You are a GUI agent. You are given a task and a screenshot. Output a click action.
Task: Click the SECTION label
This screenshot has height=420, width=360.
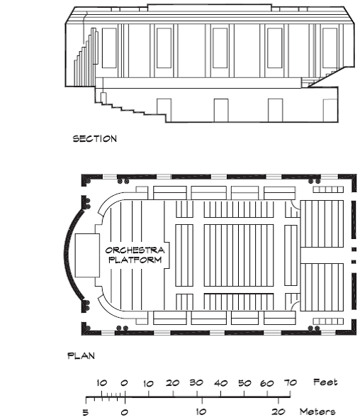coord(95,139)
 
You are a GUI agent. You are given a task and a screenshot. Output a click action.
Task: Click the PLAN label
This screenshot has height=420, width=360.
coord(81,355)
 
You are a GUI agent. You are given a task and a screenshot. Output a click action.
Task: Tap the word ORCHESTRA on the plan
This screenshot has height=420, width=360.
coord(135,250)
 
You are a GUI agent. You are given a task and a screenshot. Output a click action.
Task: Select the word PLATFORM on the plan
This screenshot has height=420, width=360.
coord(135,260)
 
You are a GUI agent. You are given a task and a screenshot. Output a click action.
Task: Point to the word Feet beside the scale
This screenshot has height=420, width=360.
coord(325,382)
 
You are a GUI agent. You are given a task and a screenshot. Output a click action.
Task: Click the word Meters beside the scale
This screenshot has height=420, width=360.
coord(317,411)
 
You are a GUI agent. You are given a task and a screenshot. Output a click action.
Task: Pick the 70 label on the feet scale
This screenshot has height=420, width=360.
coord(290,383)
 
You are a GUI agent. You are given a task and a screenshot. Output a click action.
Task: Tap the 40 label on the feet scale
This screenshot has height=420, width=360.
coord(221,383)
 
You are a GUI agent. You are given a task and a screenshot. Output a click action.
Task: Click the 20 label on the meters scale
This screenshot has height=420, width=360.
coord(279,411)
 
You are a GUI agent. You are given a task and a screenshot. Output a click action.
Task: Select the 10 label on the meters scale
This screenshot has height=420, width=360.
coord(201,411)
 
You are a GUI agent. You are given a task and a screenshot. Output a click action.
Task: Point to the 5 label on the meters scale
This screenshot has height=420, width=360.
coord(85,412)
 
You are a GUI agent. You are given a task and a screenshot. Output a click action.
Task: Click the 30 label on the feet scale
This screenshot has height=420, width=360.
coord(196,383)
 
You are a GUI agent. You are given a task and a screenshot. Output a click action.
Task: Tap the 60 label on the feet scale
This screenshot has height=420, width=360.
coord(267,384)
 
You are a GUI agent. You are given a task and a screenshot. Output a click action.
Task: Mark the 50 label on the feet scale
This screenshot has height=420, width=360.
coord(244,383)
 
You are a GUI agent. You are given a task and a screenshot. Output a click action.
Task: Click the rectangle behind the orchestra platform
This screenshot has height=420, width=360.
coord(87,255)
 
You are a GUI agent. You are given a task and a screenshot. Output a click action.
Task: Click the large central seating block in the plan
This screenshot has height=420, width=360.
coord(239,255)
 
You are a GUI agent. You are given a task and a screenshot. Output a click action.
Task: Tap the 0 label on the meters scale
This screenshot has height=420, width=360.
coord(125,412)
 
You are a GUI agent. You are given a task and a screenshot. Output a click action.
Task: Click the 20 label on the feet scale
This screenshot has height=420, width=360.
coord(172,383)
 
